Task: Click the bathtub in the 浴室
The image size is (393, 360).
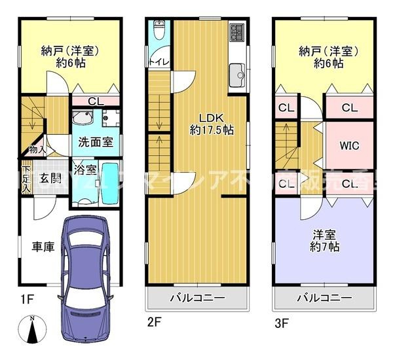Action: point(110,181)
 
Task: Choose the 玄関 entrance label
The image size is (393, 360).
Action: point(44,178)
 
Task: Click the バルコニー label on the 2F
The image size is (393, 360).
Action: point(197,298)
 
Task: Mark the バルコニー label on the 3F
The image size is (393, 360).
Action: point(324,298)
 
